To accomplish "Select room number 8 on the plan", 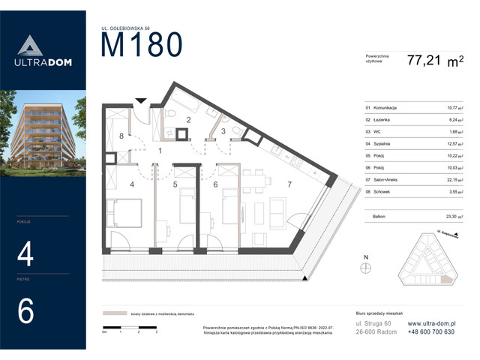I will (x=121, y=136).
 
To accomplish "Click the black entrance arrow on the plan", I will (x=139, y=100).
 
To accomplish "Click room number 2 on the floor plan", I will (x=189, y=120).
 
